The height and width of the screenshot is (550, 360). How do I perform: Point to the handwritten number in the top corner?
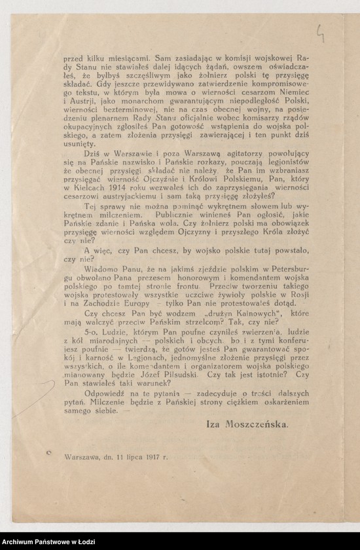321,32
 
